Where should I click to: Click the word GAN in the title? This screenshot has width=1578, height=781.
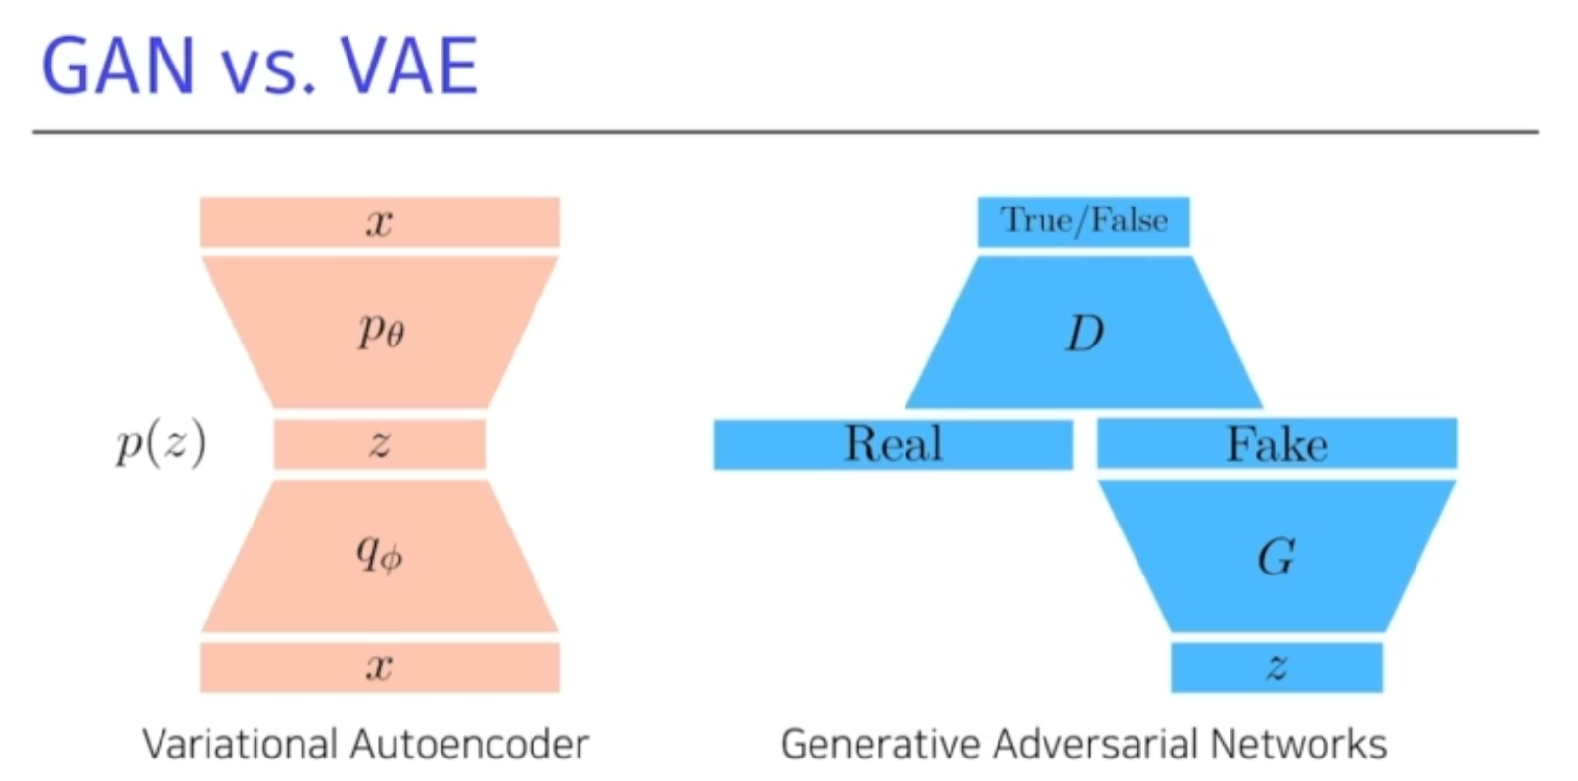click(117, 66)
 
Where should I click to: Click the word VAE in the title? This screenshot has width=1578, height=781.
click(408, 66)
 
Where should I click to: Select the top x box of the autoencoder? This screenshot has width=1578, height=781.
click(380, 222)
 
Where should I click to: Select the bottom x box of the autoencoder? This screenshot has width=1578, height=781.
click(380, 667)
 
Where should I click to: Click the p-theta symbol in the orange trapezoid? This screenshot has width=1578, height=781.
click(380, 332)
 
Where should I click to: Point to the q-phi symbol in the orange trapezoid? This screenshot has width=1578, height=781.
click(379, 555)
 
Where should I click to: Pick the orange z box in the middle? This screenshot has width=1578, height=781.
click(380, 444)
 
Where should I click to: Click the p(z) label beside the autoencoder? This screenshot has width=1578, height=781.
click(161, 445)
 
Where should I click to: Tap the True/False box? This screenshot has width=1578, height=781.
click(1084, 221)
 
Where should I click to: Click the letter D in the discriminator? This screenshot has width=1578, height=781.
click(1084, 334)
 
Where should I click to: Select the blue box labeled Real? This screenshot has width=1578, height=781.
click(893, 444)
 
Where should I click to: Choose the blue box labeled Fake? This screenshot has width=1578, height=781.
click(1276, 444)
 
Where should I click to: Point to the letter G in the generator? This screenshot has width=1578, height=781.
click(1276, 558)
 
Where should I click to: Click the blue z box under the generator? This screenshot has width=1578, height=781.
click(1276, 667)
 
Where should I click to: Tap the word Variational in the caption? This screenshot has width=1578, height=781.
click(239, 745)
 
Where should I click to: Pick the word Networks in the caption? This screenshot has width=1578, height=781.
click(1299, 745)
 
